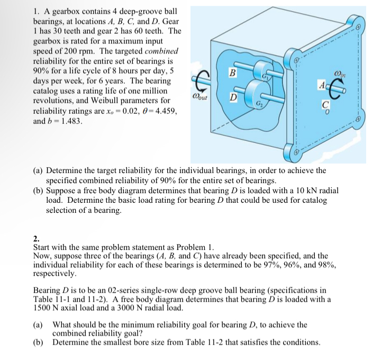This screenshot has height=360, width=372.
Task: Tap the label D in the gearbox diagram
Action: (231, 97)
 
